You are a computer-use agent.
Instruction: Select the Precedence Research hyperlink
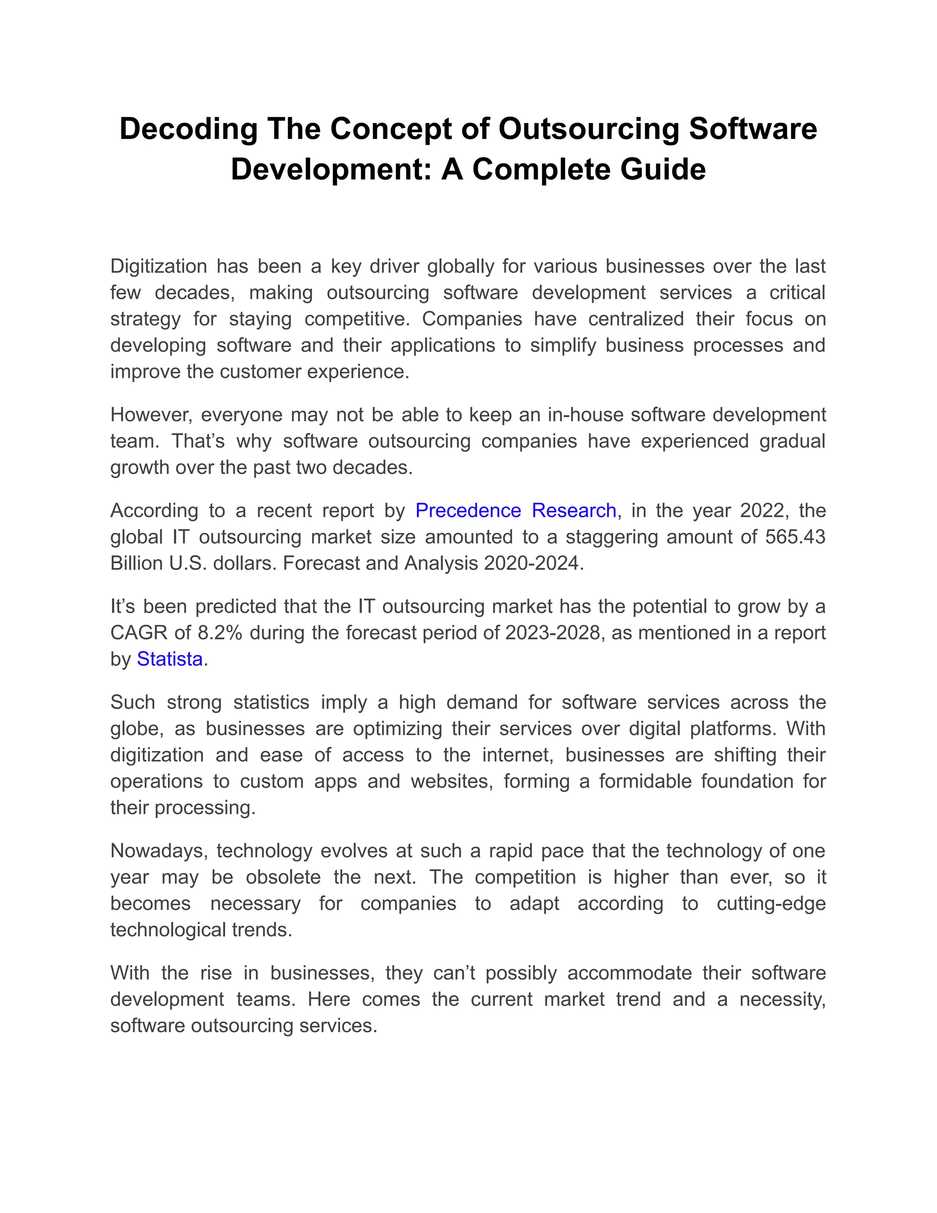coord(516,510)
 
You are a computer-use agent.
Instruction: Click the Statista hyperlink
coord(169,659)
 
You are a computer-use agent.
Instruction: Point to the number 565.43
coord(795,537)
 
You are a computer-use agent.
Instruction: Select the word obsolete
coord(283,877)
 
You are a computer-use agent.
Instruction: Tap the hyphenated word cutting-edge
coord(771,904)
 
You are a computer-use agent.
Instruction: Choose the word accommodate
coord(630,973)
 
